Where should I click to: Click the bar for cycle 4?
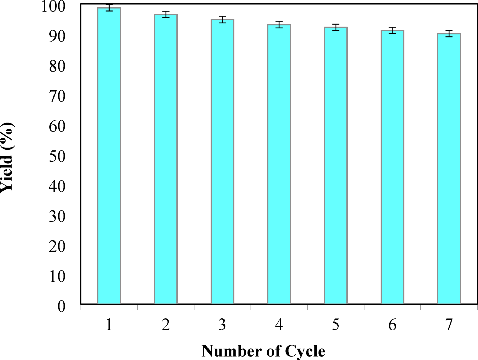pyautogui.click(x=279, y=164)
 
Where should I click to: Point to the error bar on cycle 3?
pyautogui.click(x=222, y=19)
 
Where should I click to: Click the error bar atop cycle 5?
pyautogui.click(x=336, y=27)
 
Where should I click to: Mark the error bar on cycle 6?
pyautogui.click(x=392, y=30)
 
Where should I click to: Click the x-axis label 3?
pyautogui.click(x=222, y=325)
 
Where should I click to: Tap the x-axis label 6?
pyautogui.click(x=392, y=325)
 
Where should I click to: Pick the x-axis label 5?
pyautogui.click(x=336, y=325)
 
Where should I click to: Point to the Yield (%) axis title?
pyautogui.click(x=7, y=157)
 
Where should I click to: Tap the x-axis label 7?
pyautogui.click(x=449, y=325)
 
